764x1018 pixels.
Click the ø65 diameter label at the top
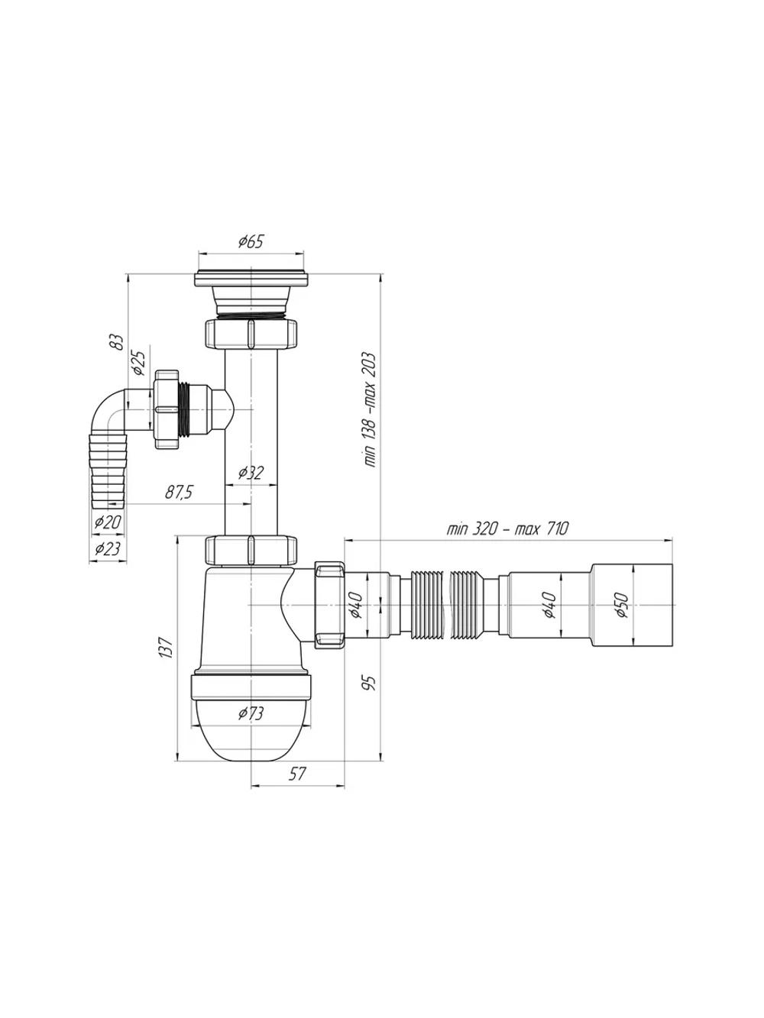point(251,241)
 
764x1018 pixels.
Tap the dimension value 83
point(119,342)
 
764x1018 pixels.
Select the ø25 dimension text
point(139,362)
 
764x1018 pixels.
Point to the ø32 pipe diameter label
point(251,472)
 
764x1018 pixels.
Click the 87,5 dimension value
point(179,493)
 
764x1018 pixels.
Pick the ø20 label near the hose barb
point(108,522)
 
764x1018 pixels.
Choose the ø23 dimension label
point(108,549)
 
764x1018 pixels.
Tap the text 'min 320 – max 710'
point(507,528)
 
